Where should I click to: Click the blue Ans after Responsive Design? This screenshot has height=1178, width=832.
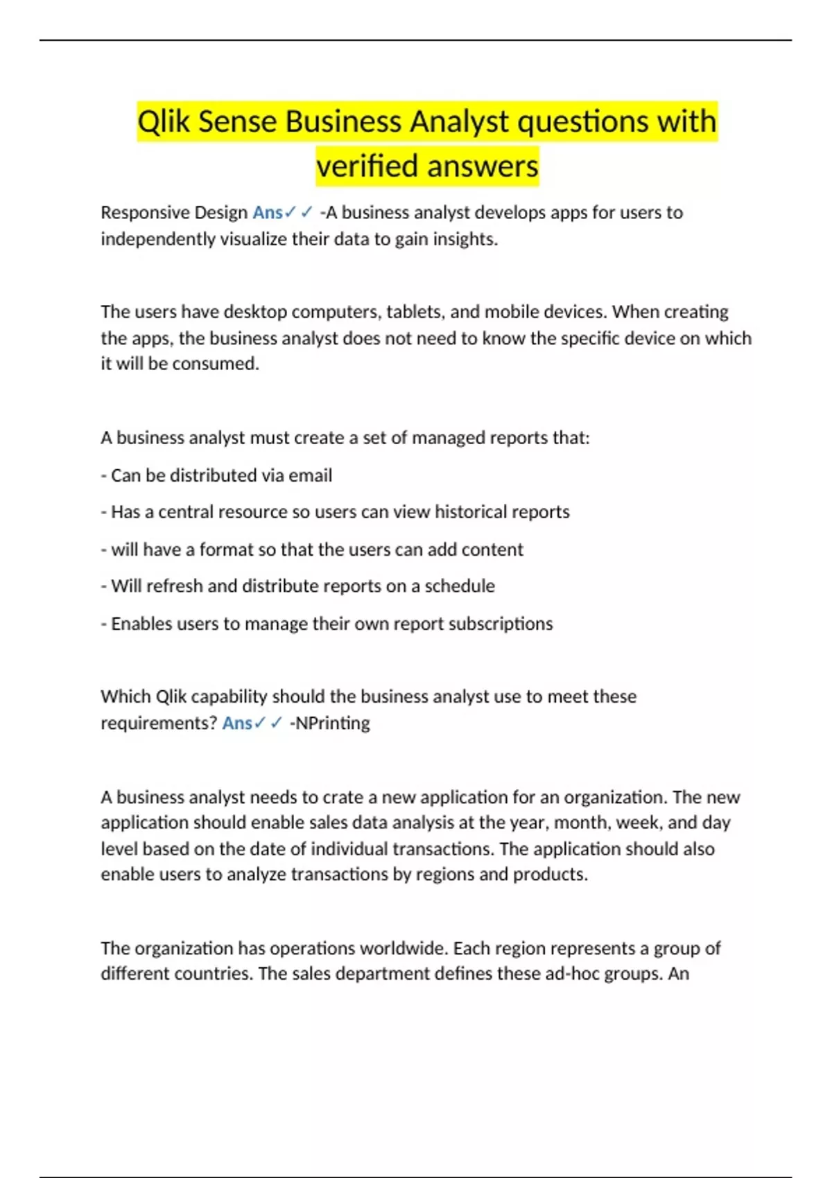(268, 213)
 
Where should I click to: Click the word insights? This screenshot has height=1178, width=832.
(465, 239)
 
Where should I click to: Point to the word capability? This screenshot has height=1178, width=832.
(229, 696)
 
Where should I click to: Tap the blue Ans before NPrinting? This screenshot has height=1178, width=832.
(237, 723)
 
